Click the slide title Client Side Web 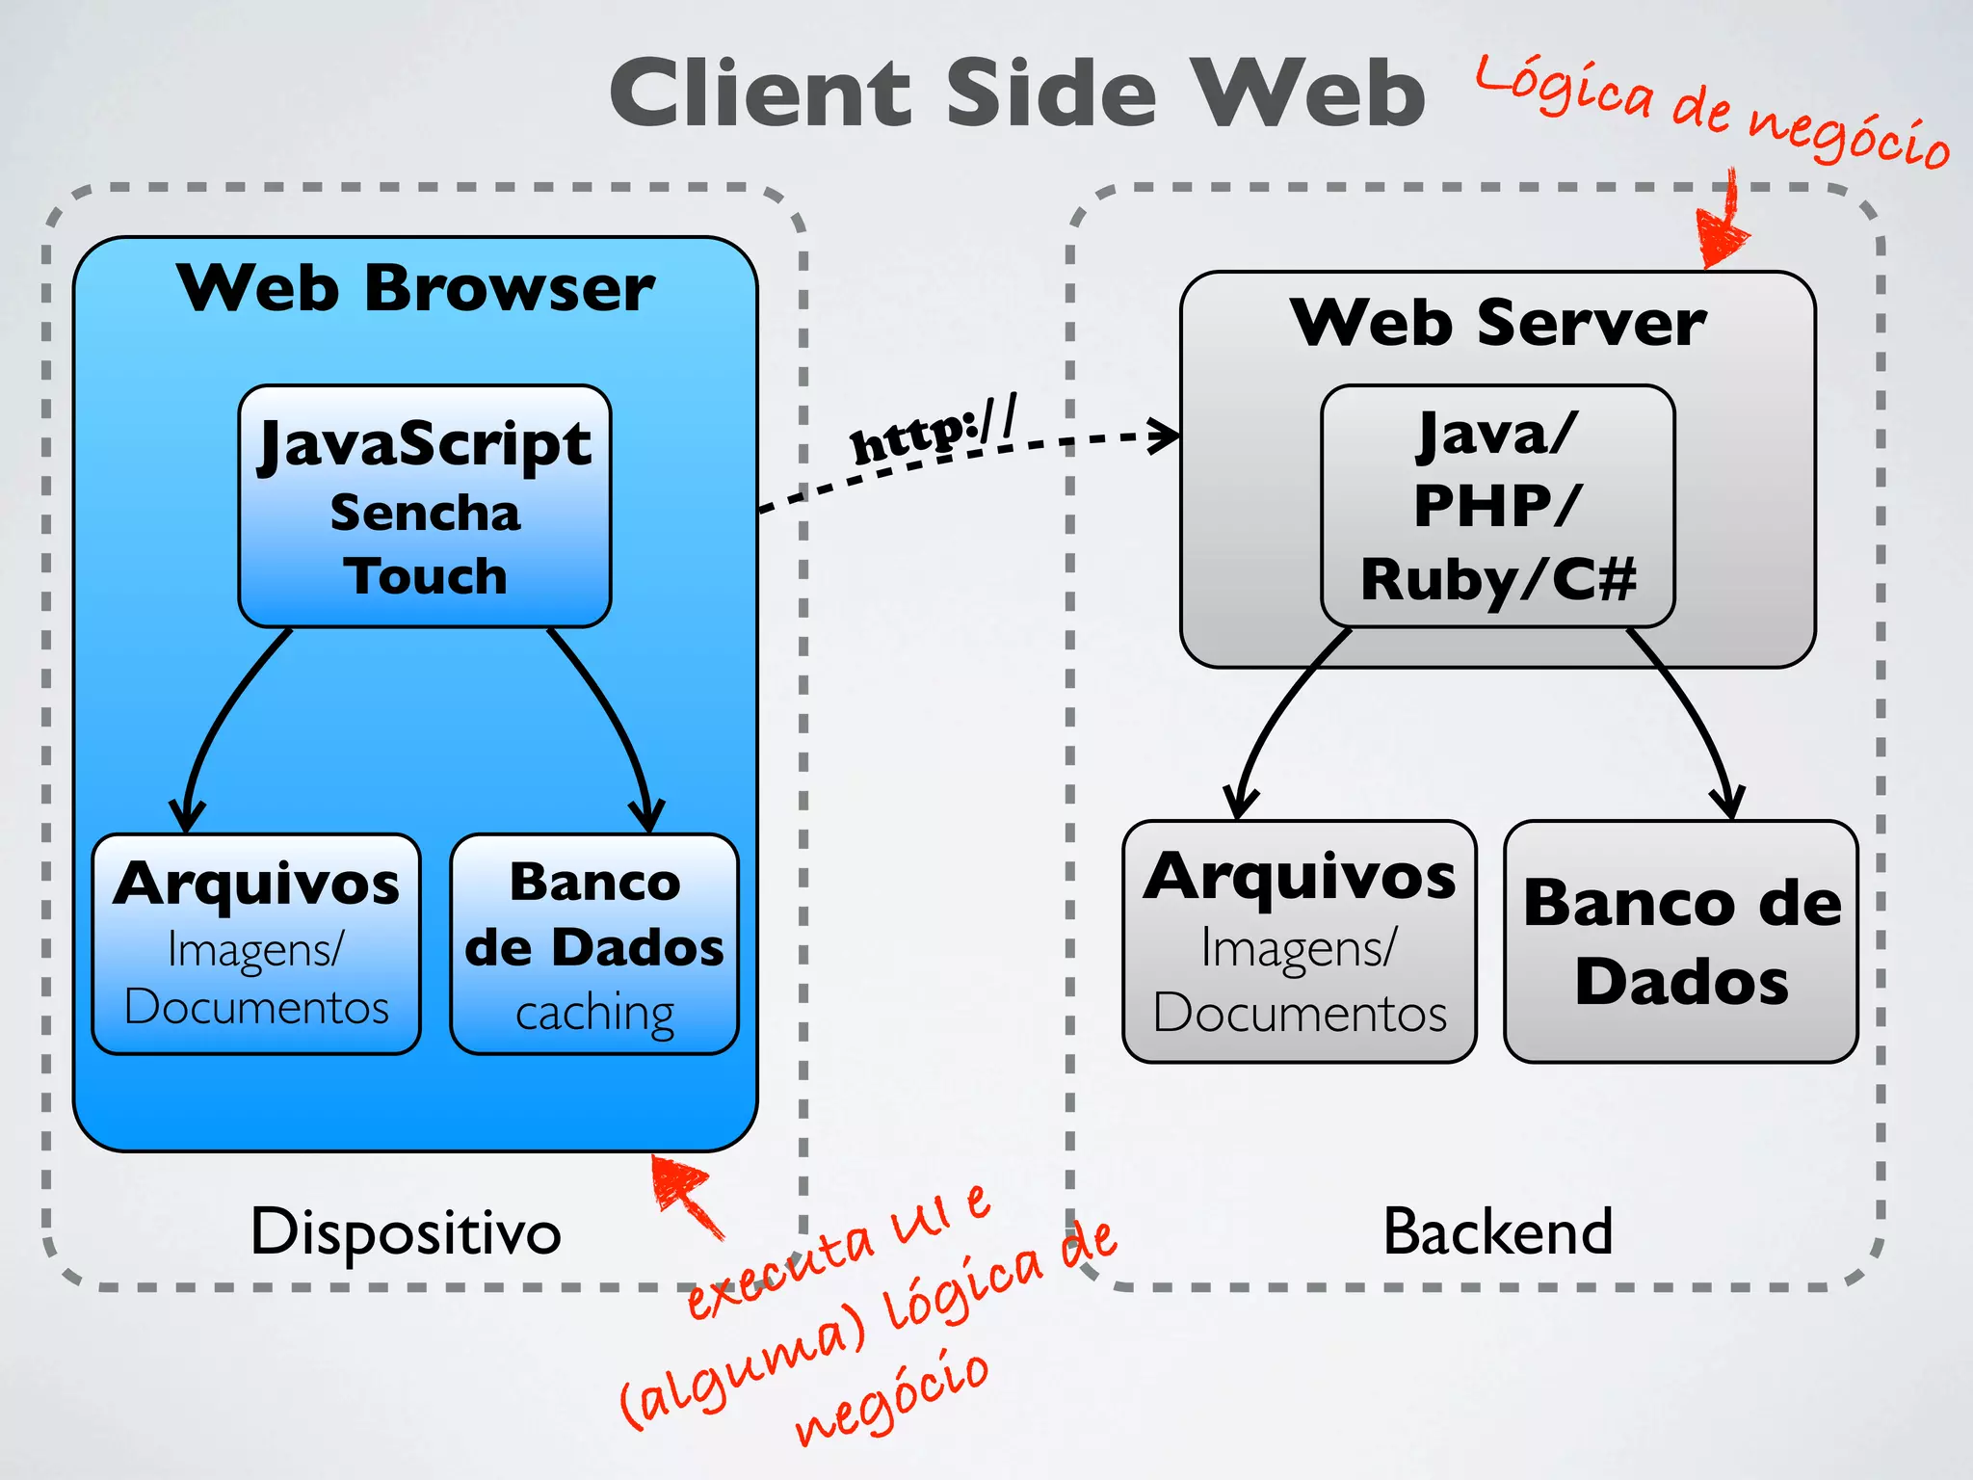1016,93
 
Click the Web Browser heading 415,288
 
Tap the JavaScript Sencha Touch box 425,507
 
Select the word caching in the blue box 594,1013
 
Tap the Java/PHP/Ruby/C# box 1497,507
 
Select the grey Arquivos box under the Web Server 1299,942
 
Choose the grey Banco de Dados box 1681,942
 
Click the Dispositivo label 406,1232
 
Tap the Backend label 1497,1232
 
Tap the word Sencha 425,513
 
